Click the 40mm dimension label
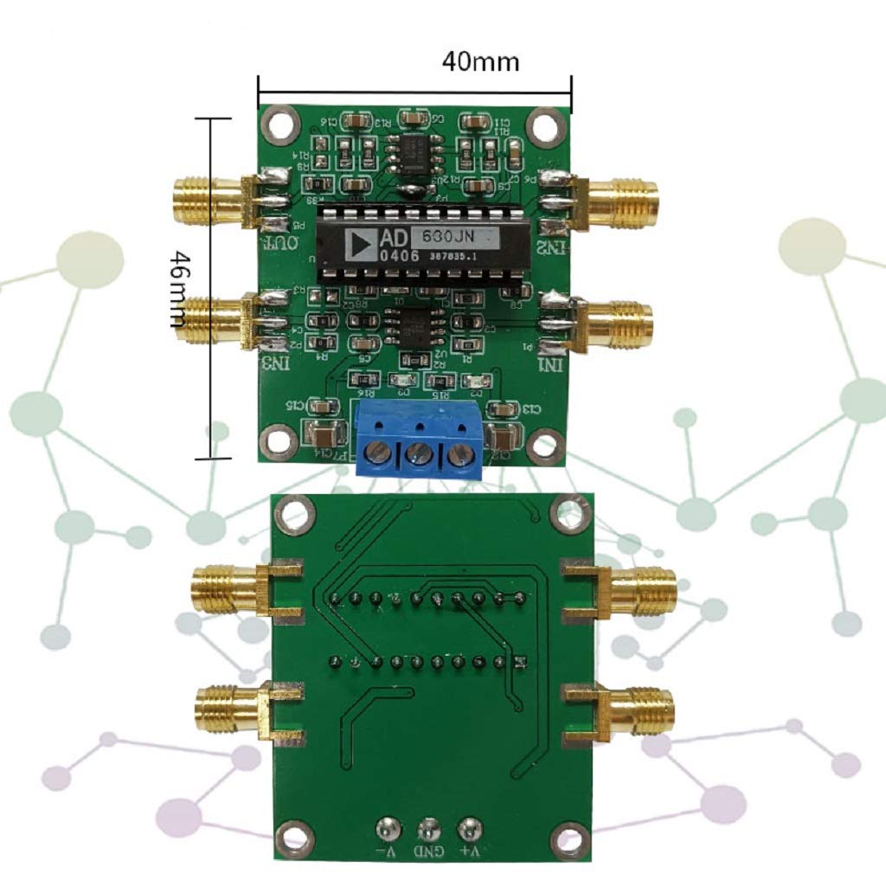(481, 61)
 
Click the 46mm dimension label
(178, 288)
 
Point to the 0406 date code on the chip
(400, 256)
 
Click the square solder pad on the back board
(520, 663)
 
